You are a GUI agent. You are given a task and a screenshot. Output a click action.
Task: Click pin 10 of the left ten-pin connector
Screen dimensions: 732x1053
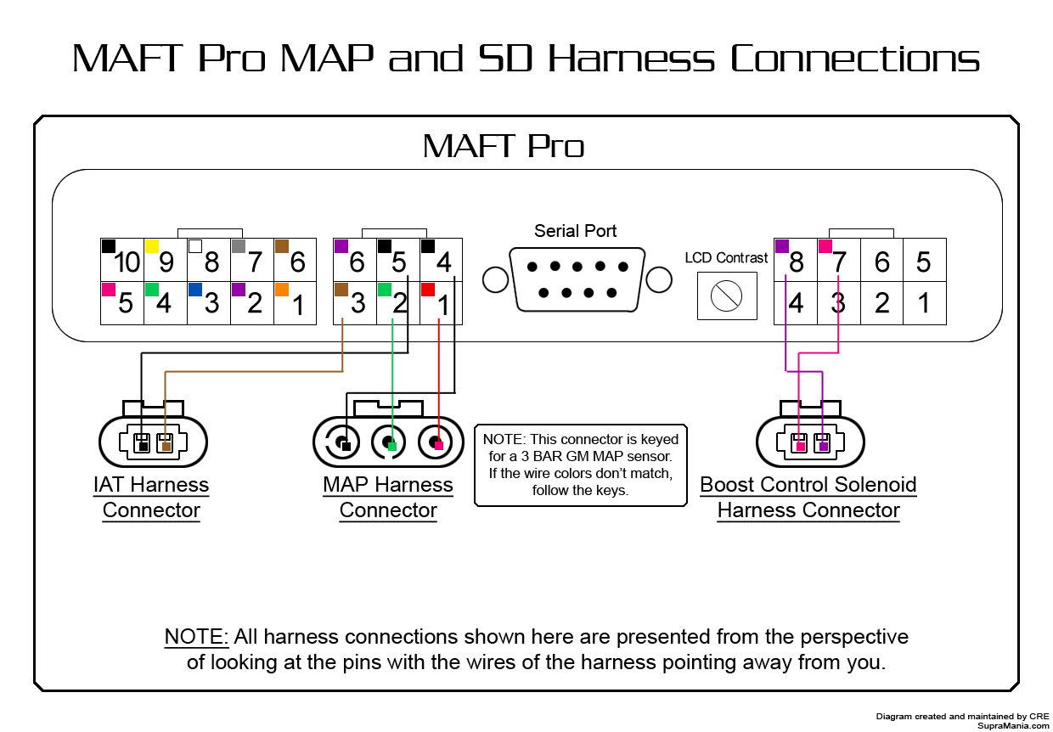coord(122,261)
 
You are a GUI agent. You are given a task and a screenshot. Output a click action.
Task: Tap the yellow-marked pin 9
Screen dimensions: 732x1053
coord(166,261)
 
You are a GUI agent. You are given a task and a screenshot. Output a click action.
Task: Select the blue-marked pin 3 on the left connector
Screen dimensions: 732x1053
coord(209,303)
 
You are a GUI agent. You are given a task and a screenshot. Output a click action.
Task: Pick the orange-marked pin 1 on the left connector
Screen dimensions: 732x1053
coord(296,303)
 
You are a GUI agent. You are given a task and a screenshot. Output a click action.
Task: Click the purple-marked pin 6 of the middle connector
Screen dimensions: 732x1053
coord(355,261)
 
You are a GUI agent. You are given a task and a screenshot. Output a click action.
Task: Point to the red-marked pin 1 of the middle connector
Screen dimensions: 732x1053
coord(441,303)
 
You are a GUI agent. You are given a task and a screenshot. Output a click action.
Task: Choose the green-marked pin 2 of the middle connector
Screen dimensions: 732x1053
coord(397,303)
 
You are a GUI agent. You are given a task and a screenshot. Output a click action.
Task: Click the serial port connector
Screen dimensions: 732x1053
coord(577,279)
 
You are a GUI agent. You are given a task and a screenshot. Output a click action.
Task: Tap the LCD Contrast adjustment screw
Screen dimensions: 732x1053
coord(726,296)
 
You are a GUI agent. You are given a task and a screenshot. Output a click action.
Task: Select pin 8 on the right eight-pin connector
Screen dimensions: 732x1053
coord(796,261)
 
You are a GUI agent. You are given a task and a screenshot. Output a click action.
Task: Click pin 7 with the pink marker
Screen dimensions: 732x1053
coord(838,261)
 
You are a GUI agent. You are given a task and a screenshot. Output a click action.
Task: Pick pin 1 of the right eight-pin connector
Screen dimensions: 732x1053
coord(924,303)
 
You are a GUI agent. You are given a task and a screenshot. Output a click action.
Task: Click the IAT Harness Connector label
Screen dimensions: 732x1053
coord(151,498)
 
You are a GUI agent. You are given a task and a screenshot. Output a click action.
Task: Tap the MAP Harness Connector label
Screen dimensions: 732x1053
coord(388,498)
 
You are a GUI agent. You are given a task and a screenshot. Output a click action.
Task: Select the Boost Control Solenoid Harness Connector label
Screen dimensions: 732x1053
coord(808,498)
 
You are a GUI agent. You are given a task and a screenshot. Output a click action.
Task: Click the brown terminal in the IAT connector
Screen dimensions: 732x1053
coord(166,446)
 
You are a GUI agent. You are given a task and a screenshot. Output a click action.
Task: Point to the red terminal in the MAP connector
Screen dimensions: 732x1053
coord(438,445)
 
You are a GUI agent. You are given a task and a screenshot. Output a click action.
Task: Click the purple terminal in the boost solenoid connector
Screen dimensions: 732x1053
coord(823,445)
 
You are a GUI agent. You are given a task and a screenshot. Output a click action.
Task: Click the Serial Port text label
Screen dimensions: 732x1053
coord(576,231)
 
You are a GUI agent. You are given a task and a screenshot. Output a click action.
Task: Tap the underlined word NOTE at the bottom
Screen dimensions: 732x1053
coord(196,637)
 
